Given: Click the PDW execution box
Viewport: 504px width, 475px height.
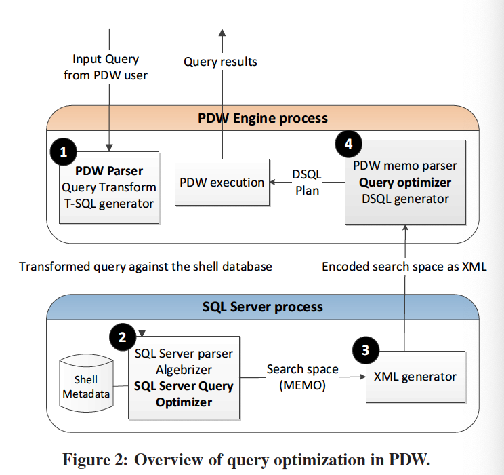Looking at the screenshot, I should [222, 183].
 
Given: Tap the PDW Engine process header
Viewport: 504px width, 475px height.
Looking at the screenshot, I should [262, 118].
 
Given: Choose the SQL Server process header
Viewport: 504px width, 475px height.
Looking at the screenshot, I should [263, 307].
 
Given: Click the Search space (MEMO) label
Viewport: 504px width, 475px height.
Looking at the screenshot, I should [302, 377].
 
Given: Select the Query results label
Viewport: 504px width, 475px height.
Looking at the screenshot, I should [221, 62].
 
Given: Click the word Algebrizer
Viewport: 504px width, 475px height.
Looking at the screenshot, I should [184, 370].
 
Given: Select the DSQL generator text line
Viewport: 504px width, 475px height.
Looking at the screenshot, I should [404, 199].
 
